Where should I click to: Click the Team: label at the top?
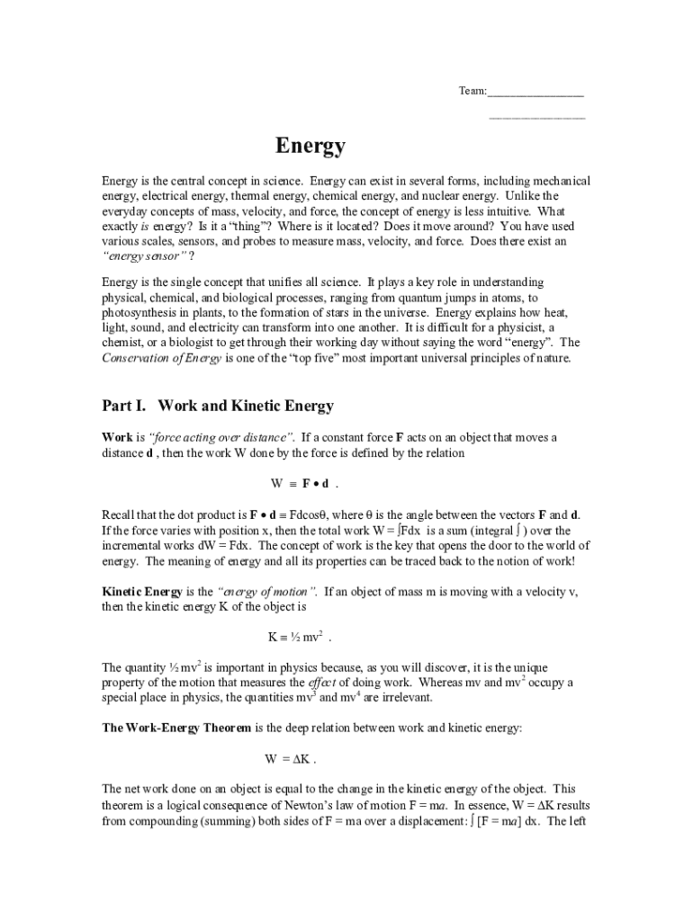[x=472, y=91]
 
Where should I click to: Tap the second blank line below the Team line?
[x=536, y=118]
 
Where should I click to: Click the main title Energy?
[x=310, y=146]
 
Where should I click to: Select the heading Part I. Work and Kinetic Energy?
[x=218, y=407]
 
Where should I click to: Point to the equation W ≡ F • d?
[x=304, y=484]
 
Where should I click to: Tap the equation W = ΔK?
[x=290, y=757]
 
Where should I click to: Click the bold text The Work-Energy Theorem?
[x=177, y=727]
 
